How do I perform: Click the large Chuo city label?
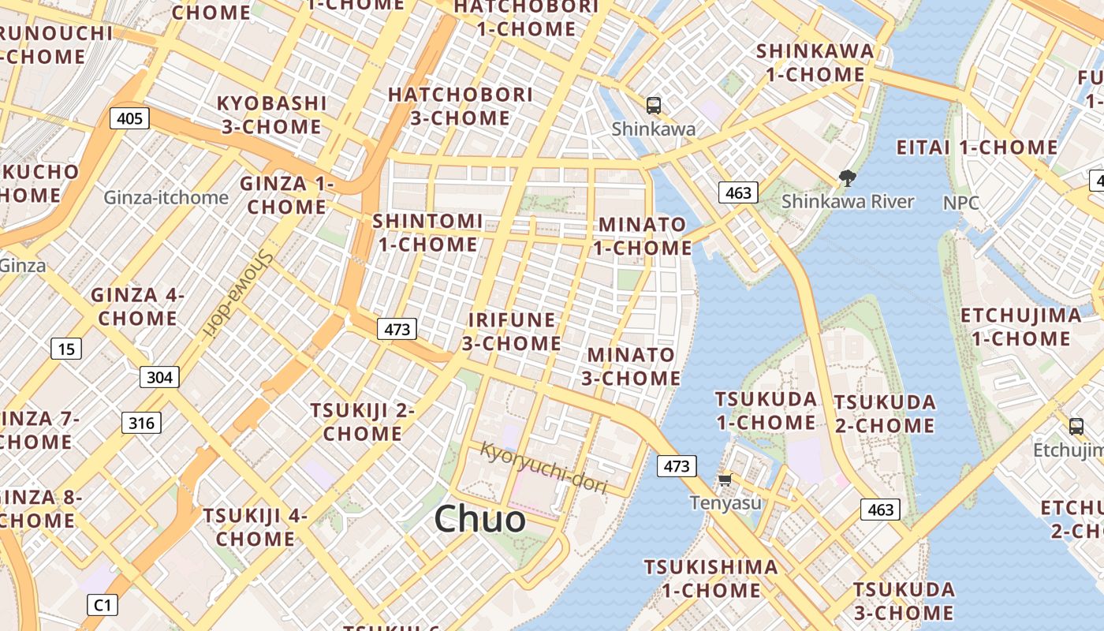pos(479,519)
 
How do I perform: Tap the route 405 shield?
pos(129,118)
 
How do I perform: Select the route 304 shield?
pos(159,377)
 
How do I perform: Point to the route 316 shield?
pos(142,423)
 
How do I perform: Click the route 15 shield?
pos(66,348)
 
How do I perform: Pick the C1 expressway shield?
pos(103,605)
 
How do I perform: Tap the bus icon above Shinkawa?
pos(653,105)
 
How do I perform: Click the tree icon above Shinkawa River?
pos(848,178)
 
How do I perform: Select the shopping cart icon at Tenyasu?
pos(725,480)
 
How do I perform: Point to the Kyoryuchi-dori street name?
pos(543,468)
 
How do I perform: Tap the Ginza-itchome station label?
pos(166,197)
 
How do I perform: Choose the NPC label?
pos(961,203)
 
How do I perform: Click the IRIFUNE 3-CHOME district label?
pos(511,331)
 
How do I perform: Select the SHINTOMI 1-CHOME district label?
pos(427,233)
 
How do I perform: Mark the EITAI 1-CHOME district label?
pos(977,147)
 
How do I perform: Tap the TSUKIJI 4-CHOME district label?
pos(255,528)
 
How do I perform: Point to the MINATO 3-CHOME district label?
pos(631,367)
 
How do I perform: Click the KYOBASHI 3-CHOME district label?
pos(271,115)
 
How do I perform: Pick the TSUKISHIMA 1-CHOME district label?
pos(711,578)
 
